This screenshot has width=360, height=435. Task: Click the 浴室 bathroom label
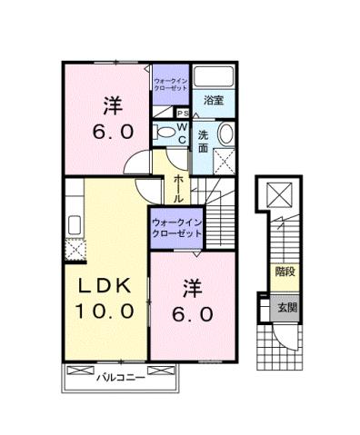(214, 99)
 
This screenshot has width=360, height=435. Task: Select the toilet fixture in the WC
(165, 133)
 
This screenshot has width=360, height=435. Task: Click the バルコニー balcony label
(122, 375)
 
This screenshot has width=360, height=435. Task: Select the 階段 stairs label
(285, 271)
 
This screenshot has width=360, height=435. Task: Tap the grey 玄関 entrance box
(286, 306)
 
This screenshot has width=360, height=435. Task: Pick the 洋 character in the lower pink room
(191, 288)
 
